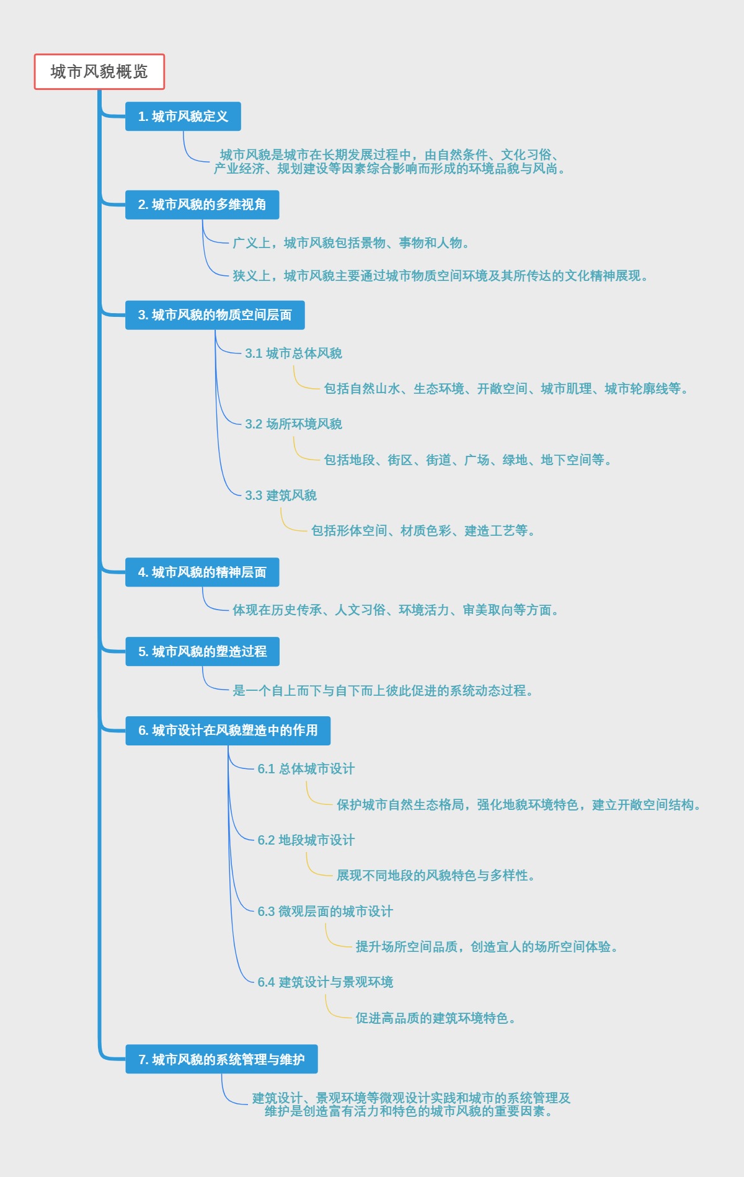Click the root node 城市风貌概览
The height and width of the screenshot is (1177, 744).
[99, 72]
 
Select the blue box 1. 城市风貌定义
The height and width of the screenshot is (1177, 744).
[183, 117]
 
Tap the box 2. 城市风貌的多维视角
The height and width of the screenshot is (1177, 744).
[202, 205]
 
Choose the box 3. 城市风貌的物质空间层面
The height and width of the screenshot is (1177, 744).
[215, 315]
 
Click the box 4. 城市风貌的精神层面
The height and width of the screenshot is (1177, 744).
[202, 572]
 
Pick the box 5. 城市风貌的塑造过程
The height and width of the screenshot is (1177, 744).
[202, 652]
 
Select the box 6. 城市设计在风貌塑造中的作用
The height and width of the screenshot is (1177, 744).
[228, 731]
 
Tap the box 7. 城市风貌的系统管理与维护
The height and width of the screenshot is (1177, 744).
[221, 1060]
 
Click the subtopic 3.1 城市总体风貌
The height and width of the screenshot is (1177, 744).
[293, 353]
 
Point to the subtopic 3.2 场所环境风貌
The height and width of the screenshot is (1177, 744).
[293, 424]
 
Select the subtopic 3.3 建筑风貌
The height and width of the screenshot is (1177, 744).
[281, 495]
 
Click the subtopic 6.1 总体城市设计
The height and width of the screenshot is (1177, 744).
[306, 769]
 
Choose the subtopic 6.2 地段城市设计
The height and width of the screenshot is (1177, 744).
[306, 840]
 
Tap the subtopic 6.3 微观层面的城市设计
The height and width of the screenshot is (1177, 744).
[325, 912]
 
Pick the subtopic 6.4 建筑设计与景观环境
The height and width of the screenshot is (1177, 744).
[325, 982]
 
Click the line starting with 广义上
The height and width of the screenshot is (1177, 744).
[351, 243]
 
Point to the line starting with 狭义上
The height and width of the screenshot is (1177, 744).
[440, 276]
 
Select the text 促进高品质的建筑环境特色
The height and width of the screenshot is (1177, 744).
[435, 1018]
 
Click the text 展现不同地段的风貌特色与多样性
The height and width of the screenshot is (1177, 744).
[435, 876]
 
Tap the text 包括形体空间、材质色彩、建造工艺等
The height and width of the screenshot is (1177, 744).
[423, 531]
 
